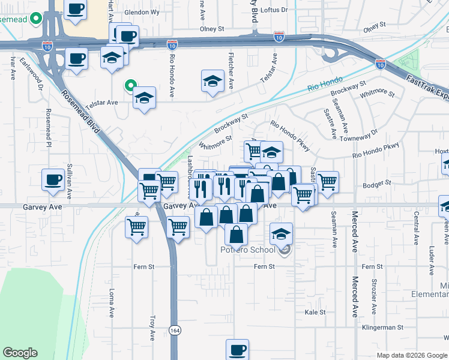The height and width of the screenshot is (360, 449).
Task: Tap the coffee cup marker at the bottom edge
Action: click(237, 349)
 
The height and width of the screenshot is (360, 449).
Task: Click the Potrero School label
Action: click(247, 250)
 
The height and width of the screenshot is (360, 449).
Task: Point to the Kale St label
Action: click(315, 312)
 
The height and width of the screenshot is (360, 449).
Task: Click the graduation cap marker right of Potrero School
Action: click(281, 233)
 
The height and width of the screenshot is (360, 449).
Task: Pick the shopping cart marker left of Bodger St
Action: click(327, 182)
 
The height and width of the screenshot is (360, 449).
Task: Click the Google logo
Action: click(20, 353)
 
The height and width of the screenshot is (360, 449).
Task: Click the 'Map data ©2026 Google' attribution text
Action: click(412, 355)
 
